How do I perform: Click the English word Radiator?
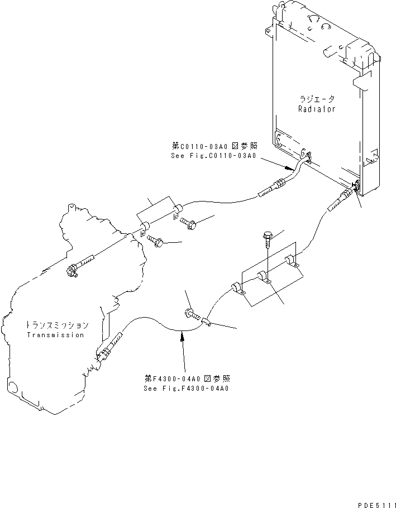pos(317,109)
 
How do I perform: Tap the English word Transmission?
pos(55,335)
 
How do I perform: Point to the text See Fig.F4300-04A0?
pos(186,389)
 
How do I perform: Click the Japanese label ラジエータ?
pos(317,99)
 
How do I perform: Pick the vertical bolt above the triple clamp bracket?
pos(267,241)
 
